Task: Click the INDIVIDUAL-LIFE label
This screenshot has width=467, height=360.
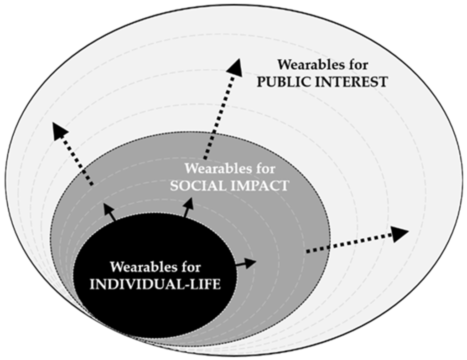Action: pyautogui.click(x=156, y=283)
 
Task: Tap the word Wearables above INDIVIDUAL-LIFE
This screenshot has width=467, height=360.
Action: pyautogui.click(x=142, y=266)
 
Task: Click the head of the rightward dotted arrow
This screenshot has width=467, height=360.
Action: pyautogui.click(x=400, y=234)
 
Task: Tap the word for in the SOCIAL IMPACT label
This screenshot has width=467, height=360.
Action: pyautogui.click(x=264, y=169)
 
